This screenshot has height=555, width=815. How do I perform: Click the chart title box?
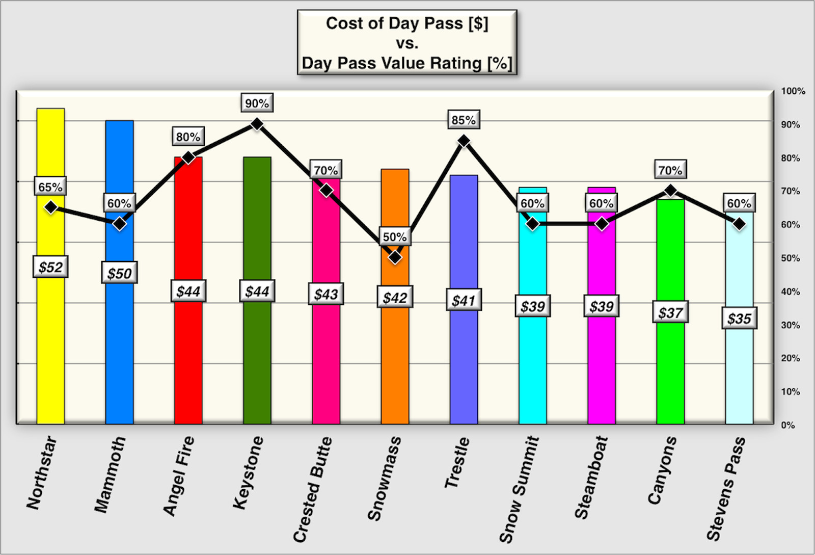[407, 43]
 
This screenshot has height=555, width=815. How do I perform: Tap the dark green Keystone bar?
[257, 357]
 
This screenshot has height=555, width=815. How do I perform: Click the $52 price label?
[50, 267]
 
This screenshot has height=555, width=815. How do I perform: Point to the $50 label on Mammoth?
[119, 273]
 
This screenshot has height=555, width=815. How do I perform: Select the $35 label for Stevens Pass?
[739, 319]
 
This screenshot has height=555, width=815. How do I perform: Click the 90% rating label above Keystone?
[257, 103]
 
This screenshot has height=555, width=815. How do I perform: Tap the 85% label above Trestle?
[464, 120]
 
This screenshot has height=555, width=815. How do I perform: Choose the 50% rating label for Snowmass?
[395, 237]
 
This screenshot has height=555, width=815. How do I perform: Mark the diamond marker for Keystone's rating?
[257, 124]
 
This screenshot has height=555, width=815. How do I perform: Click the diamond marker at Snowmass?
[395, 257]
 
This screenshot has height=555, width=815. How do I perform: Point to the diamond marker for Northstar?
[50, 207]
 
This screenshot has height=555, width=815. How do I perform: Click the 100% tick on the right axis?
[793, 91]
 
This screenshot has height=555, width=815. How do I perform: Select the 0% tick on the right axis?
[788, 425]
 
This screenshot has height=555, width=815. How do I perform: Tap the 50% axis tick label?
[791, 258]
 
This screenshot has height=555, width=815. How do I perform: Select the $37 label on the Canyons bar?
[670, 312]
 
